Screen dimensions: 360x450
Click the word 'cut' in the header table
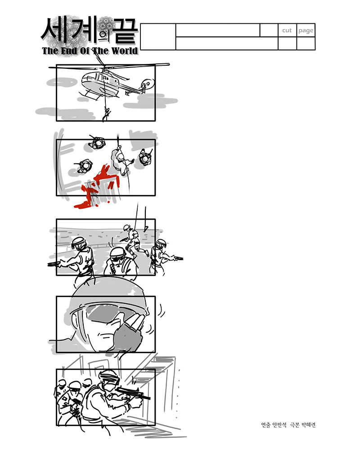(287, 31)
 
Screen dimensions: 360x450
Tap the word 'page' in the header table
(306, 31)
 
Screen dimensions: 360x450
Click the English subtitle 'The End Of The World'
(90, 51)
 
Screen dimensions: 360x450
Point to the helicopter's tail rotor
(148, 84)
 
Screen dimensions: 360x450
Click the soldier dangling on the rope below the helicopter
(107, 114)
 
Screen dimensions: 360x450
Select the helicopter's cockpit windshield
(88, 77)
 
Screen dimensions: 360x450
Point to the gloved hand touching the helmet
(129, 333)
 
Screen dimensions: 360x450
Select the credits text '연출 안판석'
(274, 425)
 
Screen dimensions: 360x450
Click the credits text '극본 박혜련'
(303, 425)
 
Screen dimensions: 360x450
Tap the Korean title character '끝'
(125, 30)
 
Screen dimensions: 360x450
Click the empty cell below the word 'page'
(306, 43)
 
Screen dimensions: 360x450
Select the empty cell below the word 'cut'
(287, 43)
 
